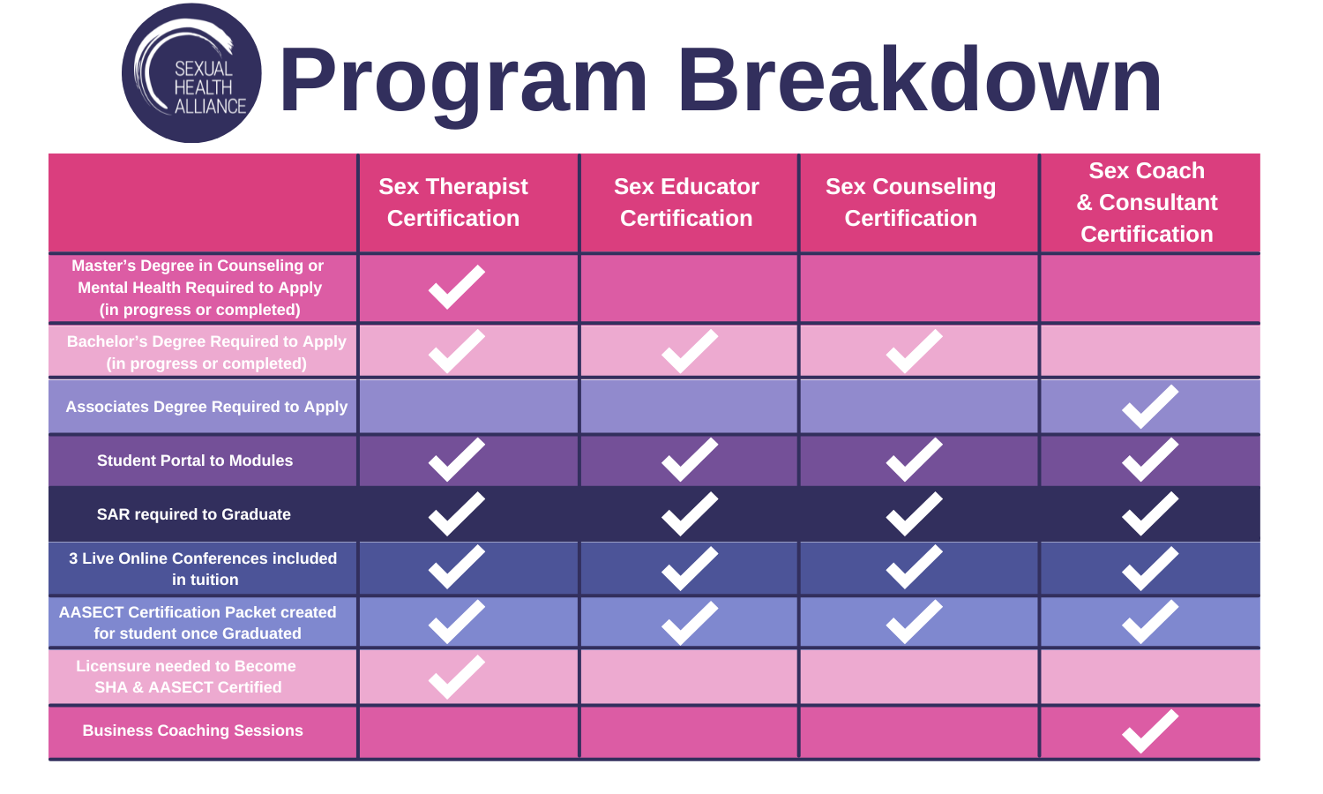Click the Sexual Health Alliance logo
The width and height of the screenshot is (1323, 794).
[x=191, y=73]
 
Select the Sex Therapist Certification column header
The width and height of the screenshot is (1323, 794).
[x=453, y=202]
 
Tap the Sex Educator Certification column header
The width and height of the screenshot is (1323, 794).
[x=686, y=202]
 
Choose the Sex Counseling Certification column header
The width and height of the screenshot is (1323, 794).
[x=910, y=202]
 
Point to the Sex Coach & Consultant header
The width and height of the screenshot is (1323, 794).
[x=1147, y=202]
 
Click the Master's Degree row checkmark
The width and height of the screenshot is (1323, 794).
[x=456, y=287]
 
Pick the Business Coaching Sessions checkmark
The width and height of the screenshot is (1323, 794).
[x=1149, y=731]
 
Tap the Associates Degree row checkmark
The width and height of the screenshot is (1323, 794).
[x=1149, y=407]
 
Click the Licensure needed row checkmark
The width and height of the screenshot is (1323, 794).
[x=456, y=677]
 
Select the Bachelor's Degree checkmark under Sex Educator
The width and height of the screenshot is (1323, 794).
[x=690, y=351]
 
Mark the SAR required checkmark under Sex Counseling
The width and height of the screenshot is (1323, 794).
[x=914, y=514]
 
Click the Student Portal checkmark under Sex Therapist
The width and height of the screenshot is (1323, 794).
[x=456, y=460]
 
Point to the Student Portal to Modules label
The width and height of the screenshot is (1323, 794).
[x=195, y=461]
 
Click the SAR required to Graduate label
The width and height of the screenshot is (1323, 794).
[x=194, y=514]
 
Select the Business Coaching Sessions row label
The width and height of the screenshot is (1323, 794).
[x=193, y=730]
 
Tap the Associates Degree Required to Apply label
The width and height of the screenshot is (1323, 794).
[x=206, y=407]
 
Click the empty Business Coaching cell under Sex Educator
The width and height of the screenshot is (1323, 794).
[x=689, y=731]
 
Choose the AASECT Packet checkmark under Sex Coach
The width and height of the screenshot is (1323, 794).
[x=1149, y=622]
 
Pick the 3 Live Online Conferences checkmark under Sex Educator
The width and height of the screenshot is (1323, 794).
[x=690, y=568]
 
